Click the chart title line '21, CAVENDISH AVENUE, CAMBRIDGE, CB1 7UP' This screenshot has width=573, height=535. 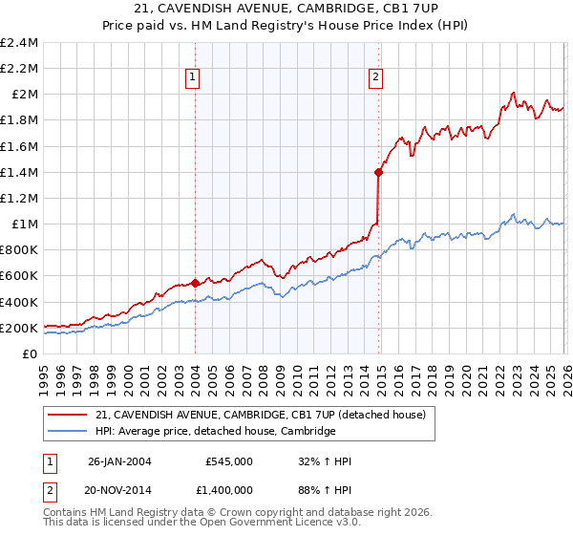[x=286, y=9]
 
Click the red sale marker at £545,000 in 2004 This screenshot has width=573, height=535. [x=195, y=283]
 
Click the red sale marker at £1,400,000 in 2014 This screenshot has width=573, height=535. [x=379, y=172]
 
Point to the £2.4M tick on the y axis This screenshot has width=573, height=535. [x=20, y=43]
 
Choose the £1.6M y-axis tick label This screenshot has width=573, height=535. [x=20, y=146]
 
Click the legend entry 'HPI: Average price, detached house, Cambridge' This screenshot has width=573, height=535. [x=216, y=431]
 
